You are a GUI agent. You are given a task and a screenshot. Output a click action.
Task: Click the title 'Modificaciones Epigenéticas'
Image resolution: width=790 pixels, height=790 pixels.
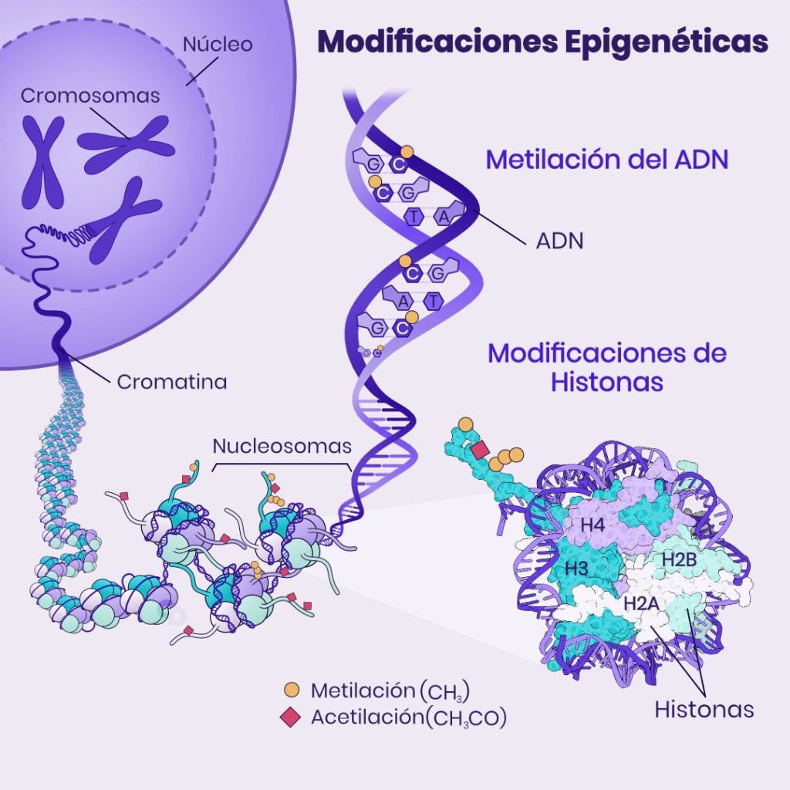(543, 42)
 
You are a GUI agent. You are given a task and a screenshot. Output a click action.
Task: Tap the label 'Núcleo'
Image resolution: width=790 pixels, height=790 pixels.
(217, 45)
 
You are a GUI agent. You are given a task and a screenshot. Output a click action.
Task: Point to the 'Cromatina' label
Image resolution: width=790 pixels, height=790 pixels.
(171, 382)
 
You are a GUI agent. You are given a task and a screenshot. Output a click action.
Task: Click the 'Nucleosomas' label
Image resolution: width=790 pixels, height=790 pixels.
(282, 446)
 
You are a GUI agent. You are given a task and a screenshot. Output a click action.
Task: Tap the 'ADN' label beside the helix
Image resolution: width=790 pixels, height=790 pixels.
(559, 241)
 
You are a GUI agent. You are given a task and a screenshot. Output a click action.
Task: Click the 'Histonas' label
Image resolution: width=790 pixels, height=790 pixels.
(704, 709)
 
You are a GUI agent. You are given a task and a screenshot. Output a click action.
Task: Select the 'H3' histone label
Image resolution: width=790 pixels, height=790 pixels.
(577, 569)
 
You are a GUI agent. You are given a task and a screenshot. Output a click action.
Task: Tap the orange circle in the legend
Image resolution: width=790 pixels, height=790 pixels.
(292, 689)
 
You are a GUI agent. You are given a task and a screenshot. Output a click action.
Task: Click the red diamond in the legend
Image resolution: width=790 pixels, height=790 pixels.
(292, 717)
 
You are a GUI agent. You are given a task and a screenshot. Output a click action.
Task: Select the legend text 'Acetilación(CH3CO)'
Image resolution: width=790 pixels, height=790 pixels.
(408, 717)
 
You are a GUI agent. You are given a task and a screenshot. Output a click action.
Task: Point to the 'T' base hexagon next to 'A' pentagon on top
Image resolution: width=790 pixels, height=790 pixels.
(414, 217)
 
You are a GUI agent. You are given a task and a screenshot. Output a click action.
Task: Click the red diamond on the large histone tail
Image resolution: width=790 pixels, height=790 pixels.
(480, 450)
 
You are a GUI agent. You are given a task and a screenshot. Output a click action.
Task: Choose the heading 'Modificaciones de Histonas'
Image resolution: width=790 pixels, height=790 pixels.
(607, 367)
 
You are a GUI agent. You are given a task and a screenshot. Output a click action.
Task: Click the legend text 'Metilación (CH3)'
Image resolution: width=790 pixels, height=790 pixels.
(390, 690)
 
